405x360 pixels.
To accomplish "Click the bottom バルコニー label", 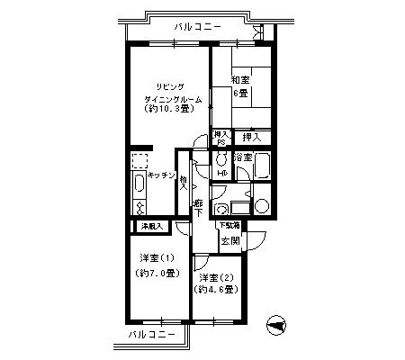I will coord(143,334).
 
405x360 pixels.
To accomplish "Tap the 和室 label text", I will coord(240,79).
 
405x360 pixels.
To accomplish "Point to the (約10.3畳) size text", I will coord(167,109).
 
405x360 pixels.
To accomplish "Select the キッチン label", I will coord(161,177).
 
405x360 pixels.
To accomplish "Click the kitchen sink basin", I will coord(139,186).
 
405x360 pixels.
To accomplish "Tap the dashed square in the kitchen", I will coord(140,161).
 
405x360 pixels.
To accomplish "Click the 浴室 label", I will coord(242,157).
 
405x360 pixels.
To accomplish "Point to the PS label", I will coord(220,142).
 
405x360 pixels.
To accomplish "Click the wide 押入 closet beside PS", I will coord(252,137).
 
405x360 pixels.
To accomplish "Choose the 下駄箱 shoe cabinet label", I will coord(228,224).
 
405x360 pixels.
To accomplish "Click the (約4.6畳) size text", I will coord(216,290).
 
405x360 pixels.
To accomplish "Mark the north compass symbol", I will coord(276,326).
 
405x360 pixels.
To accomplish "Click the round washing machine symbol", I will coord(261,205).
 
